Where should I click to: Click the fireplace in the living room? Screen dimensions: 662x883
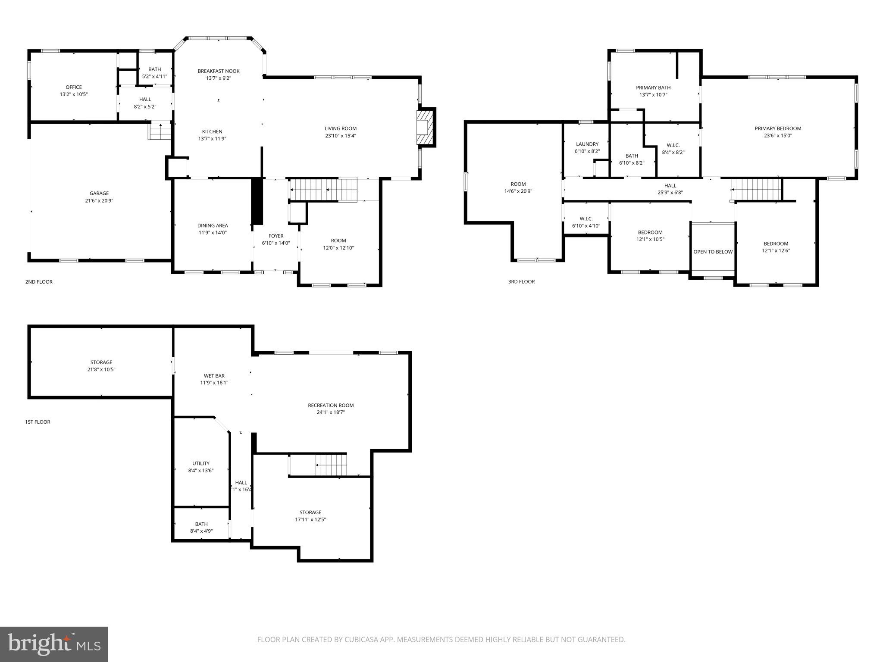pyautogui.click(x=424, y=127)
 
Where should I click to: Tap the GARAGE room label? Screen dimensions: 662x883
pyautogui.click(x=99, y=194)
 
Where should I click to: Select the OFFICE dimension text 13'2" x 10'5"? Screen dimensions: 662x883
pyautogui.click(x=74, y=94)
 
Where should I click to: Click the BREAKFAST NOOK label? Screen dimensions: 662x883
pyautogui.click(x=219, y=71)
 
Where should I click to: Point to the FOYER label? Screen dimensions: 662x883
pyautogui.click(x=276, y=236)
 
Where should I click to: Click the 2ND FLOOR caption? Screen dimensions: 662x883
pyautogui.click(x=39, y=282)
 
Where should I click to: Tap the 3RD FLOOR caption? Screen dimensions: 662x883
pyautogui.click(x=521, y=282)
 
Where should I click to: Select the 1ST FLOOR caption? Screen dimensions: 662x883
pyautogui.click(x=38, y=422)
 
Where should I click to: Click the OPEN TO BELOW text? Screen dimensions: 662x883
pyautogui.click(x=713, y=252)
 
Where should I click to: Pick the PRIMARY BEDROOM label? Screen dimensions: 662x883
pyautogui.click(x=778, y=128)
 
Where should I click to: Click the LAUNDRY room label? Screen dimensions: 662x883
pyautogui.click(x=587, y=144)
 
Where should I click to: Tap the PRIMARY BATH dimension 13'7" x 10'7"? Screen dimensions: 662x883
pyautogui.click(x=653, y=95)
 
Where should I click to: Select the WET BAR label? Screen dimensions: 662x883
pyautogui.click(x=214, y=376)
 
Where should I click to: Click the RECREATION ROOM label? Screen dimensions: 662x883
pyautogui.click(x=331, y=405)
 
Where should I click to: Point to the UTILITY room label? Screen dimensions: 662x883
pyautogui.click(x=201, y=463)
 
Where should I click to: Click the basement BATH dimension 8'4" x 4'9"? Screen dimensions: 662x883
pyautogui.click(x=201, y=531)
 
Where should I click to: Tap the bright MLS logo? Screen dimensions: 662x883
pyautogui.click(x=54, y=644)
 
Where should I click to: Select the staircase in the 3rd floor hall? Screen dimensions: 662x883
pyautogui.click(x=757, y=190)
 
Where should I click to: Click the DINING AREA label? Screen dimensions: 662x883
pyautogui.click(x=213, y=225)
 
